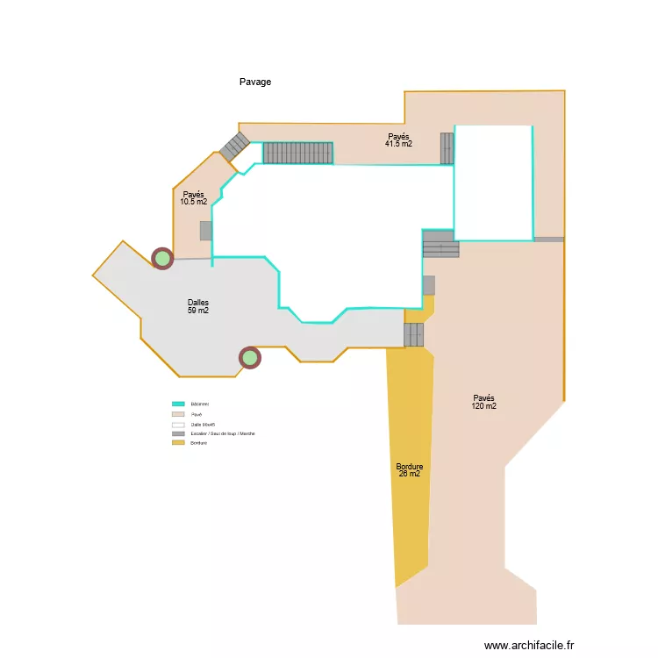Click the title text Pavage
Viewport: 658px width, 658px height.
point(255,82)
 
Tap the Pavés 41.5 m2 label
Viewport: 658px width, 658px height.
point(398,139)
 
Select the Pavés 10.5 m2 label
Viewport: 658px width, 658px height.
point(193,198)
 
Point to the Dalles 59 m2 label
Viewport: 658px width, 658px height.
point(197,306)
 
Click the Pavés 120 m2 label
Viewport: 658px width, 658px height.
point(483,402)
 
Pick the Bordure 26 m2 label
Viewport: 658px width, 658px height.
point(409,470)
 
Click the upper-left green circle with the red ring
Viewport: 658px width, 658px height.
point(162,258)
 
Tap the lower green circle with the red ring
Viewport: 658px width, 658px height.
point(250,358)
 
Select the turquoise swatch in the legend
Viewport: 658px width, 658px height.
point(178,404)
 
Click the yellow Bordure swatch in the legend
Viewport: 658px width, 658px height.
point(178,443)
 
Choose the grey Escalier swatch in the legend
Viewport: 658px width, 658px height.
point(178,433)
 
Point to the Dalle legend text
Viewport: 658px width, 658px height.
point(203,424)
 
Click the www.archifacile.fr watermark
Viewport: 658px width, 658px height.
point(528,645)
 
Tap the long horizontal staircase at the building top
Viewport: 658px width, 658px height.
point(298,154)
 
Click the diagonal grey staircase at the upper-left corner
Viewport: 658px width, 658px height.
point(234,146)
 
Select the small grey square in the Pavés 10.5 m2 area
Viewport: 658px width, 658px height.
point(206,231)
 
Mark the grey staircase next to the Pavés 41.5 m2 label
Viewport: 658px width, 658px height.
point(447,148)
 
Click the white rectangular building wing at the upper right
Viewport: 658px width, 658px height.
point(493,182)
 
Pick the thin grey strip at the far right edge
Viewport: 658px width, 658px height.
point(548,239)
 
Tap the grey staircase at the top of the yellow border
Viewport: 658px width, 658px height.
point(413,334)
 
